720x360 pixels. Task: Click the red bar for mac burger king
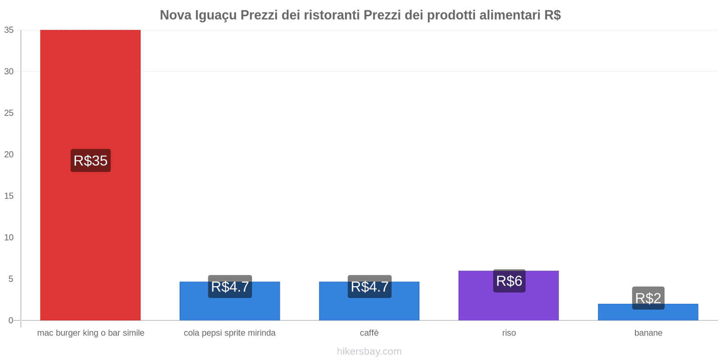[90, 90]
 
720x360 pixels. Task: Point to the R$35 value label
[90, 161]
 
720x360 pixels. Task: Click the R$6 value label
[509, 281]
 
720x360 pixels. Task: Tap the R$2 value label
[648, 298]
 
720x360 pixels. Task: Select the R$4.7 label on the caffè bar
[369, 287]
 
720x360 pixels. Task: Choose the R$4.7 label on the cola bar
[230, 287]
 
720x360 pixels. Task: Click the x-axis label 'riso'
[509, 333]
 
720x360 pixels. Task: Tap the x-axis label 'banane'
[648, 333]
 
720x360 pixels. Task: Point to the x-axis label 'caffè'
[369, 333]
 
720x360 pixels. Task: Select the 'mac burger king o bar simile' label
[90, 333]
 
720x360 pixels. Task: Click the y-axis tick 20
[9, 154]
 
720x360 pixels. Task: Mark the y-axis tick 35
[9, 30]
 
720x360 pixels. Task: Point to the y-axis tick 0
[11, 320]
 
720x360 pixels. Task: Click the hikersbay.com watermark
[369, 351]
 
